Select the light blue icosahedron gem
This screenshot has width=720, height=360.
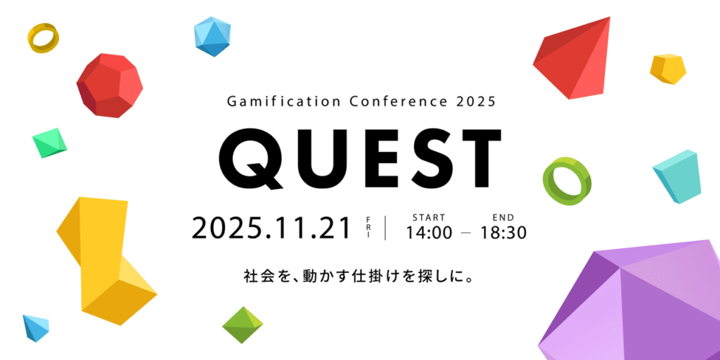pos(212,37)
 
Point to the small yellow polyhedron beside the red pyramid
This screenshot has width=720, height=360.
pos(667,69)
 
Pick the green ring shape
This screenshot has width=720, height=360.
pos(567,181)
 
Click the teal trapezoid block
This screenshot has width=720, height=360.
pos(676,176)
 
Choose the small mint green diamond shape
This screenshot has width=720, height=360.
pos(50,142)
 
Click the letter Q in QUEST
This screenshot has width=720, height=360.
pos(244,160)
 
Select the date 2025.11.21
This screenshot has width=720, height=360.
pos(271,228)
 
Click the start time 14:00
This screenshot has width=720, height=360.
pos(429,233)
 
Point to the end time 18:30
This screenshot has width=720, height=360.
pos(503,233)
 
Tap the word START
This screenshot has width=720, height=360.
pos(428,217)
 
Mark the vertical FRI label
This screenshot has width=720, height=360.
pos(368,227)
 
